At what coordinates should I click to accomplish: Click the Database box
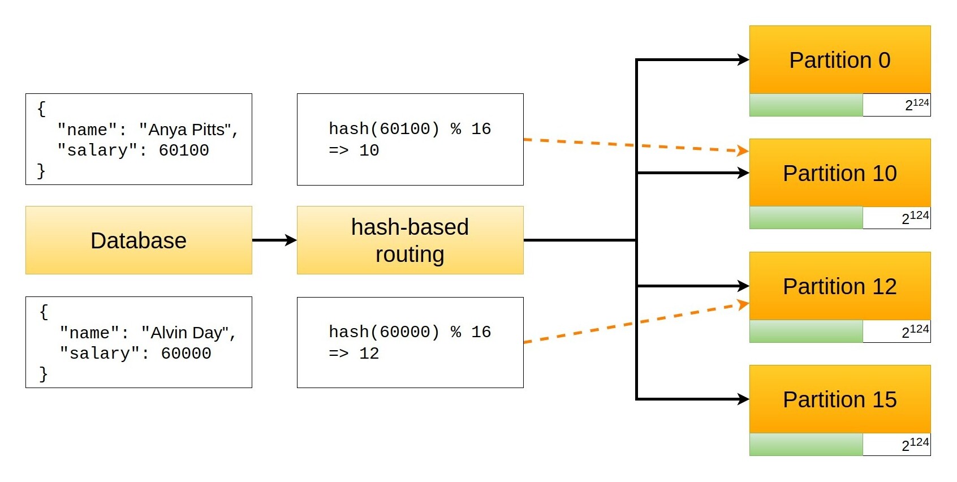[139, 240]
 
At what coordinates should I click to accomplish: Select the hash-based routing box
[410, 240]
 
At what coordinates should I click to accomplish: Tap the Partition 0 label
[840, 60]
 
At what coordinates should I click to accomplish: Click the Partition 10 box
[840, 173]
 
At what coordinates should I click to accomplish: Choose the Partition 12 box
[840, 286]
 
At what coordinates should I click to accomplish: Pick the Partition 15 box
[840, 399]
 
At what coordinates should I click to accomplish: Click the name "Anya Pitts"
[187, 130]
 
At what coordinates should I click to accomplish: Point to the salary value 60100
[184, 150]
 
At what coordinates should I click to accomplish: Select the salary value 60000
[186, 354]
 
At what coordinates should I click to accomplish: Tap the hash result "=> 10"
[354, 150]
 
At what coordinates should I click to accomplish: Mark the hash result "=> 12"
[354, 354]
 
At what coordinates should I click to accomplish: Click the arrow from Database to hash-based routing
[274, 240]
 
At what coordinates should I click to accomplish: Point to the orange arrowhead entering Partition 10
[743, 150]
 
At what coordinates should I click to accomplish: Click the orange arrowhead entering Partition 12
[743, 305]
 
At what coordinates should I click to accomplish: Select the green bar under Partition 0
[806, 105]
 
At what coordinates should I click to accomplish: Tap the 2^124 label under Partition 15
[915, 444]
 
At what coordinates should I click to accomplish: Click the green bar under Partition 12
[806, 332]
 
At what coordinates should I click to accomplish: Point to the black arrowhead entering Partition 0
[743, 59]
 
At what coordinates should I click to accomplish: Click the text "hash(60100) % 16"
[410, 129]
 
